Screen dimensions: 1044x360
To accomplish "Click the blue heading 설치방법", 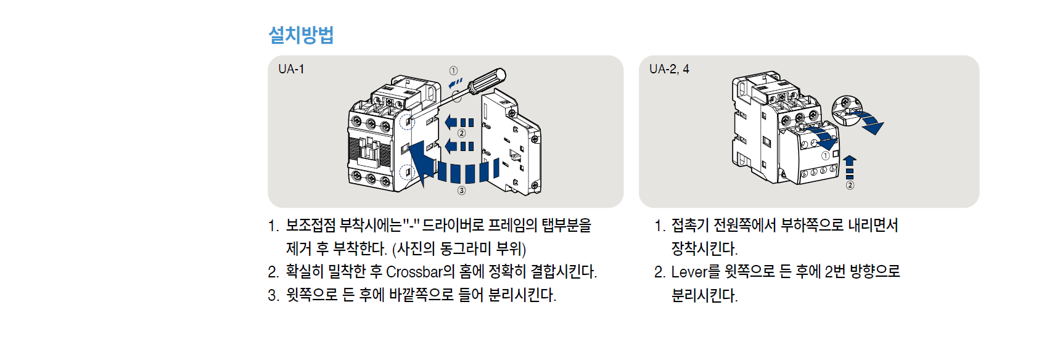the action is [301, 35].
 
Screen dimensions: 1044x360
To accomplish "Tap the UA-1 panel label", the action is [291, 69].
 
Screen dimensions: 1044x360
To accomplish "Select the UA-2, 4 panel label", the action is [669, 69].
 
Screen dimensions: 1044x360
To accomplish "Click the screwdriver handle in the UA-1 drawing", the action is [487, 81].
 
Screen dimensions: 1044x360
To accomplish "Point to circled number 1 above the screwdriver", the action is [453, 70].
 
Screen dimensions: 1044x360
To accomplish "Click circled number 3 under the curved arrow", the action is [461, 190].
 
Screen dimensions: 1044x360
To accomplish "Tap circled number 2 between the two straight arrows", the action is [461, 134].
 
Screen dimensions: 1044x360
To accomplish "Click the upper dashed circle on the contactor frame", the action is [407, 122].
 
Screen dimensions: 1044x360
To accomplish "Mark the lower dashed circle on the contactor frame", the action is [407, 173].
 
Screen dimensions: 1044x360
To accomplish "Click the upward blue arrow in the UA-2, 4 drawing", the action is [850, 167].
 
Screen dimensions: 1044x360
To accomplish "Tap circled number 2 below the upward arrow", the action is [850, 186].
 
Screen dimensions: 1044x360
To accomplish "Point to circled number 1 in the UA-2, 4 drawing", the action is [826, 155].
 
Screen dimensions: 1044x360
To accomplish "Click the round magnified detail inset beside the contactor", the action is [847, 111].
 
